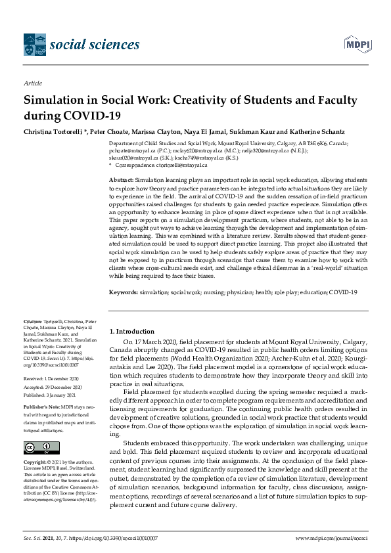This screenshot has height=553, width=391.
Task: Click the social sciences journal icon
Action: [34, 45]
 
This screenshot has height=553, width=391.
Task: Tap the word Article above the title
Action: [32, 84]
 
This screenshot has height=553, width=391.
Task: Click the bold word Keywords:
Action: [124, 292]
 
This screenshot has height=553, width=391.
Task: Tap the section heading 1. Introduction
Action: [131, 332]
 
